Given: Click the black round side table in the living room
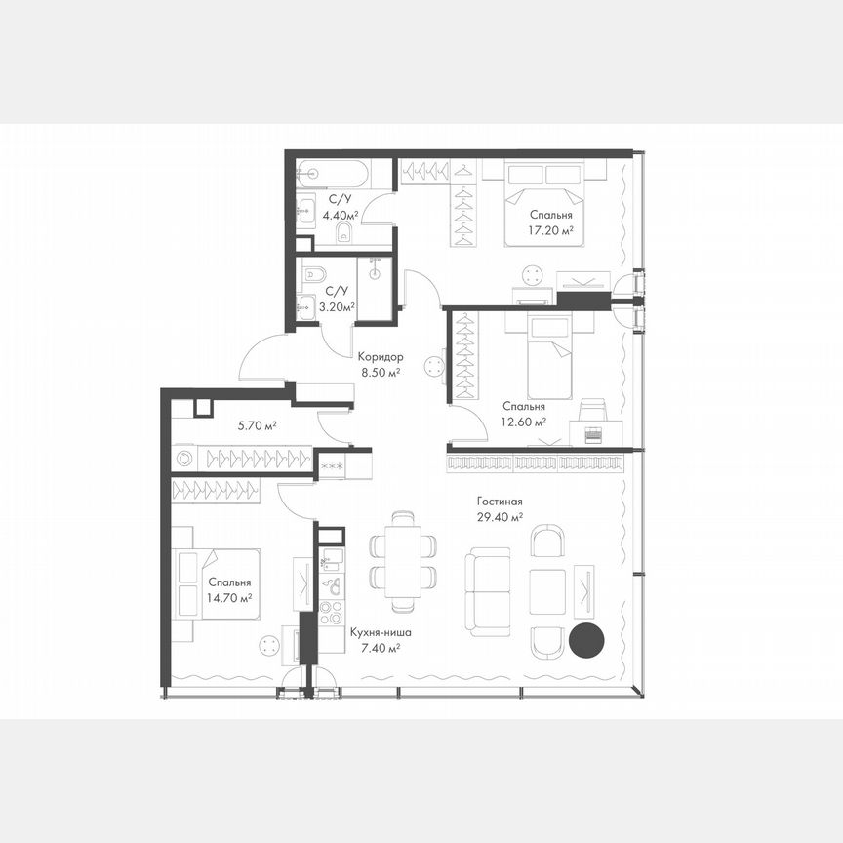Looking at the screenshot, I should [586, 640].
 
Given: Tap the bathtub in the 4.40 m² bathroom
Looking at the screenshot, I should [333, 177].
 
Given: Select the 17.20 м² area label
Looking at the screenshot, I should [551, 231].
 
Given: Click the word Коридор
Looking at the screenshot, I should [380, 357].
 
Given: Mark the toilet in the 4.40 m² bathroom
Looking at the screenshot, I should [343, 232].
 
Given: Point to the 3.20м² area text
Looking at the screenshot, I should [337, 305].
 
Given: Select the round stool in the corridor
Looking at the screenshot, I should [434, 368].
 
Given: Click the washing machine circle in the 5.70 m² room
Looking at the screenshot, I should [183, 457].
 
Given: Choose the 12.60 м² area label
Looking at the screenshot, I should [524, 422].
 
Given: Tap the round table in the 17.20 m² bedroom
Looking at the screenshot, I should [532, 274].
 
